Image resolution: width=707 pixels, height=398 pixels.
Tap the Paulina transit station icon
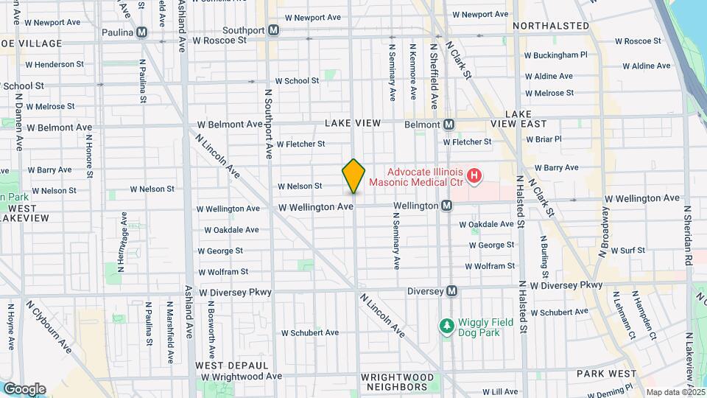click(141, 32)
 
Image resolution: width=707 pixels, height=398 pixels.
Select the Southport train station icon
click(273, 29)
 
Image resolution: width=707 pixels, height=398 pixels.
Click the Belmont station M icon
click(449, 124)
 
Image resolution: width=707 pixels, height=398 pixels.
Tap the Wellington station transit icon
click(446, 206)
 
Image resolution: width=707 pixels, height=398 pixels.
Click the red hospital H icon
click(475, 175)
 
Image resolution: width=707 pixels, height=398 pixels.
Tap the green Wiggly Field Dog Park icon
click(445, 325)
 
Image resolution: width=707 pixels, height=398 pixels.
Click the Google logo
click(24, 388)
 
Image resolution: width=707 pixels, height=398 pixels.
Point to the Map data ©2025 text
click(675, 392)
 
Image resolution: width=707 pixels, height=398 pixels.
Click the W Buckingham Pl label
click(555, 55)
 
